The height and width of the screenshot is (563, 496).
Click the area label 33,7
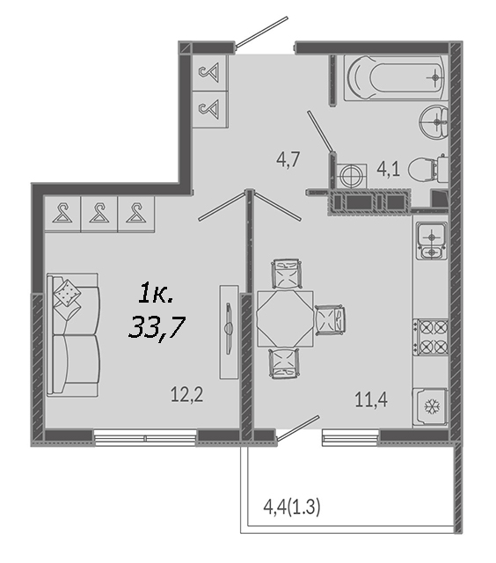pyautogui.click(x=157, y=328)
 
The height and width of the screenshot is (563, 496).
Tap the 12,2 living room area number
pyautogui.click(x=186, y=395)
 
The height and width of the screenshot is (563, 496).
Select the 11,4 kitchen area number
pyautogui.click(x=371, y=399)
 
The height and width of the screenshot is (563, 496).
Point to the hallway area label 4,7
pyautogui.click(x=288, y=159)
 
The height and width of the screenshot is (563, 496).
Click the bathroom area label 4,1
pyautogui.click(x=389, y=169)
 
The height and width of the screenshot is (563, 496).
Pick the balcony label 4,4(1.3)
pyautogui.click(x=291, y=508)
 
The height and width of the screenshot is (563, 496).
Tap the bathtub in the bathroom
pyautogui.click(x=395, y=77)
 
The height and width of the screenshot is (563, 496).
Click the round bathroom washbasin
pyautogui.click(x=434, y=122)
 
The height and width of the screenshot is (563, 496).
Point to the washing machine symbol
pyautogui.click(x=352, y=176)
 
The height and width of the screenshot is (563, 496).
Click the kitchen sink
pyautogui.click(x=431, y=240)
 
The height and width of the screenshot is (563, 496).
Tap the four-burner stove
pyautogui.click(x=431, y=337)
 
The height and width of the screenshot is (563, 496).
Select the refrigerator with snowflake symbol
pyautogui.click(x=430, y=406)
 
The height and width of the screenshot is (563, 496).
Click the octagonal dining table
pyautogui.click(x=285, y=319)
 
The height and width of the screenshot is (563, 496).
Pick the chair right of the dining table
pyautogui.click(x=330, y=320)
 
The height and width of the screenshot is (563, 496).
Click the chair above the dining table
pyautogui.click(x=286, y=274)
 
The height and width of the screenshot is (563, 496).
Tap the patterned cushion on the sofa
pyautogui.click(x=67, y=293)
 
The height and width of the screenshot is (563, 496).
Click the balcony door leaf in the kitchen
pyautogui.click(x=299, y=428)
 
